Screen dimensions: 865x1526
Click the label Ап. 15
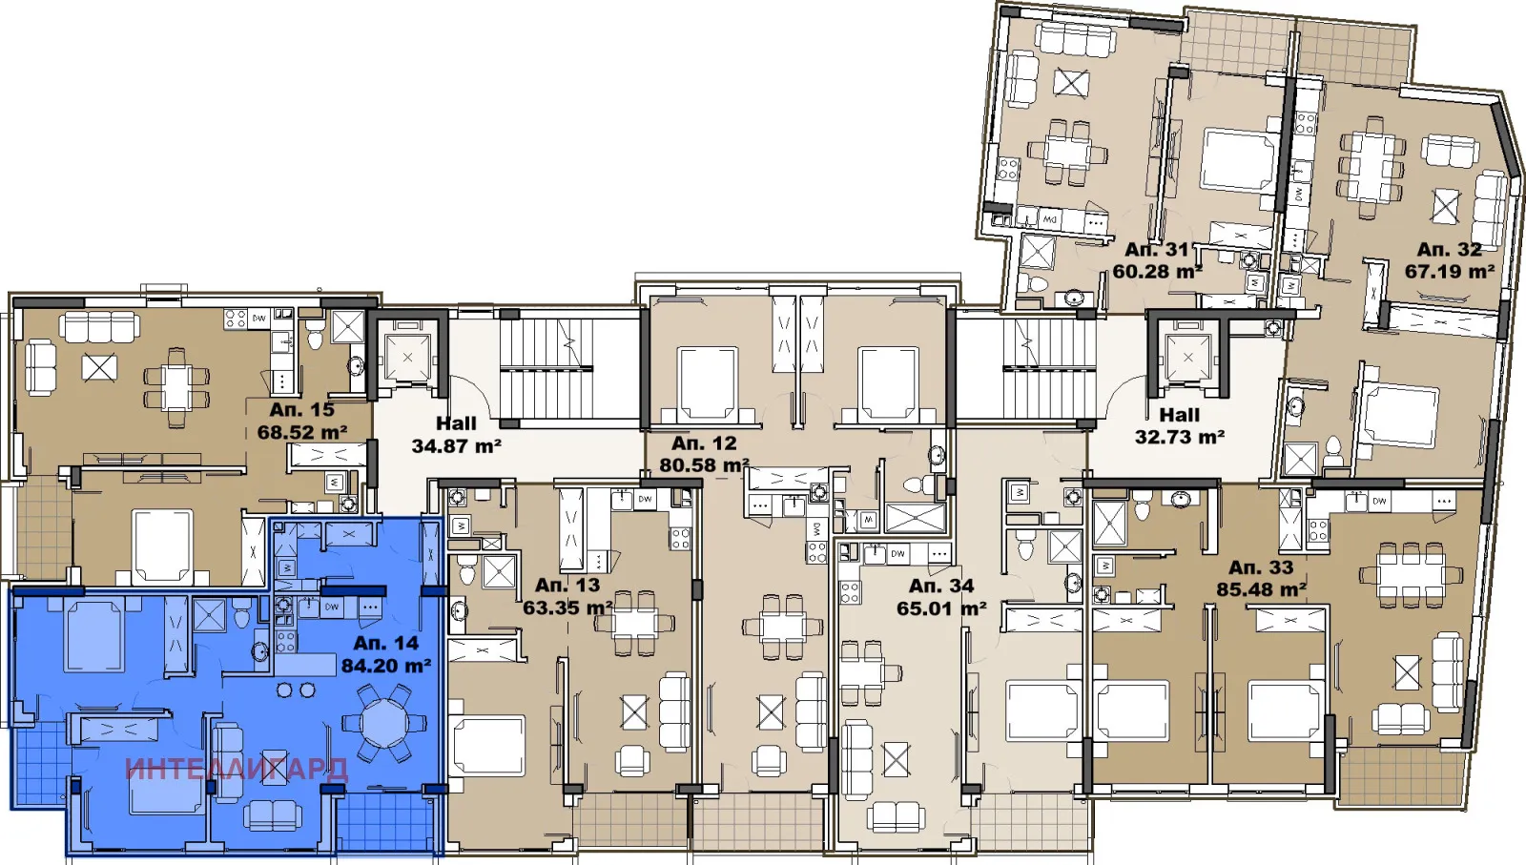[x=301, y=409]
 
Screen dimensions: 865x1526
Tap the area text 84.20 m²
[x=386, y=666]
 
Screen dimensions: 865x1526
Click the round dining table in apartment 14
[x=384, y=723]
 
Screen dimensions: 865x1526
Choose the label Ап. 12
[x=704, y=443]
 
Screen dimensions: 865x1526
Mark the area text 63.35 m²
[x=567, y=608]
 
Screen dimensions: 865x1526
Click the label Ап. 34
[x=941, y=586]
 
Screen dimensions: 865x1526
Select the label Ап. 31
[x=1157, y=249]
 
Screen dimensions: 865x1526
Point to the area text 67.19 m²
[x=1449, y=272]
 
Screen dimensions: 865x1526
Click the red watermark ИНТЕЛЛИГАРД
[x=237, y=770]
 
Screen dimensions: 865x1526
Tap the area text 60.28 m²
[x=1157, y=272]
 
